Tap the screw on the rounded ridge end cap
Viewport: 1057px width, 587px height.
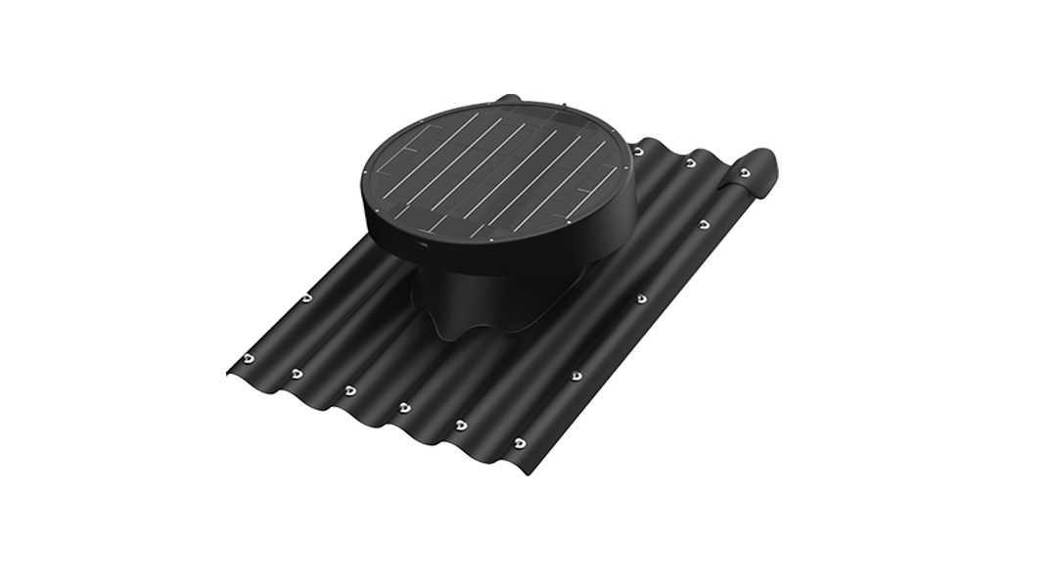[x=745, y=173]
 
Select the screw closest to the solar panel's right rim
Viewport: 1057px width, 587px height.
[x=638, y=152]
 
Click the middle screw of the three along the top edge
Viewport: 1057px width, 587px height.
[x=691, y=162]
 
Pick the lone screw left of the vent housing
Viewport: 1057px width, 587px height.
[x=306, y=297]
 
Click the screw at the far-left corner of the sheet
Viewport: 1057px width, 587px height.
[x=249, y=358]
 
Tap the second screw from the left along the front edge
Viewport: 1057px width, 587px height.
[x=297, y=374]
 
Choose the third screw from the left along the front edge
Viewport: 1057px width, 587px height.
[x=349, y=390]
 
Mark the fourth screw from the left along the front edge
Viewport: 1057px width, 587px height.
[x=404, y=407]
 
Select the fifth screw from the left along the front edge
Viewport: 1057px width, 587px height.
[x=461, y=425]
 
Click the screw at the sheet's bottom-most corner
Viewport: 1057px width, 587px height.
[x=519, y=443]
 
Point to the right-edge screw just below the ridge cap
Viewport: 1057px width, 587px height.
[x=704, y=224]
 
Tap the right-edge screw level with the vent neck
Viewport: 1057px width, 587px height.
[x=641, y=297]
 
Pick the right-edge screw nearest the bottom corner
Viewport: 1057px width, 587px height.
[x=576, y=376]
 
